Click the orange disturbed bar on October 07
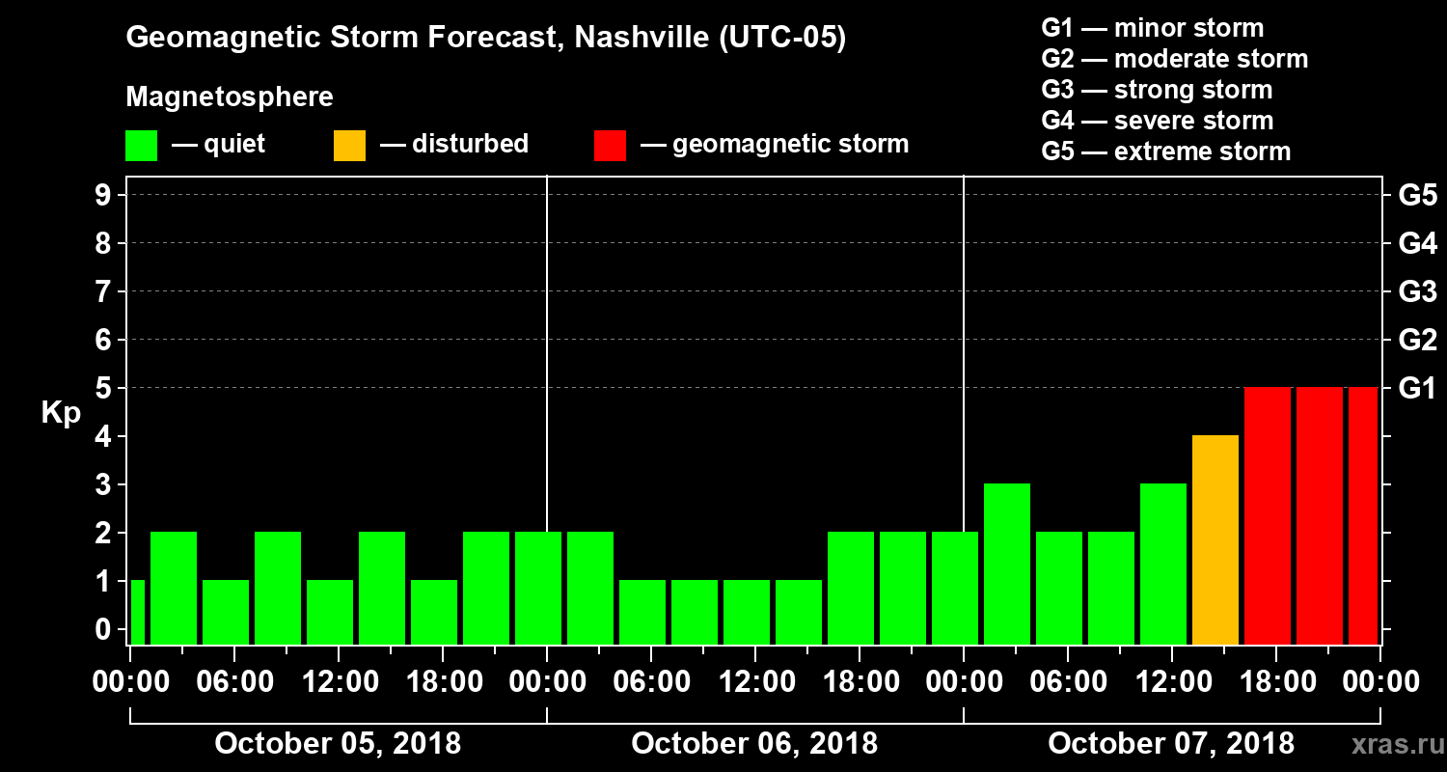(x=1215, y=539)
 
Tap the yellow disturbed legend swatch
(x=349, y=145)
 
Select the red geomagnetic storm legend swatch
(x=611, y=145)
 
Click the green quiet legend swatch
(x=141, y=145)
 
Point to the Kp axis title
(x=61, y=412)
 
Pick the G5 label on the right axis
(x=1417, y=195)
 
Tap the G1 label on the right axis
(x=1417, y=388)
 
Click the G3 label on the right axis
(x=1417, y=291)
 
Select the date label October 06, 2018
(x=754, y=744)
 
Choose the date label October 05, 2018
(x=338, y=744)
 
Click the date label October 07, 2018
(x=1171, y=744)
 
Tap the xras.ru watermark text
(x=1391, y=744)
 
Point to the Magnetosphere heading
(x=230, y=97)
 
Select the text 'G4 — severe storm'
(x=1158, y=121)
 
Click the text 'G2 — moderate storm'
(x=1175, y=59)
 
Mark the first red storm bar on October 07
(x=1268, y=515)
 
